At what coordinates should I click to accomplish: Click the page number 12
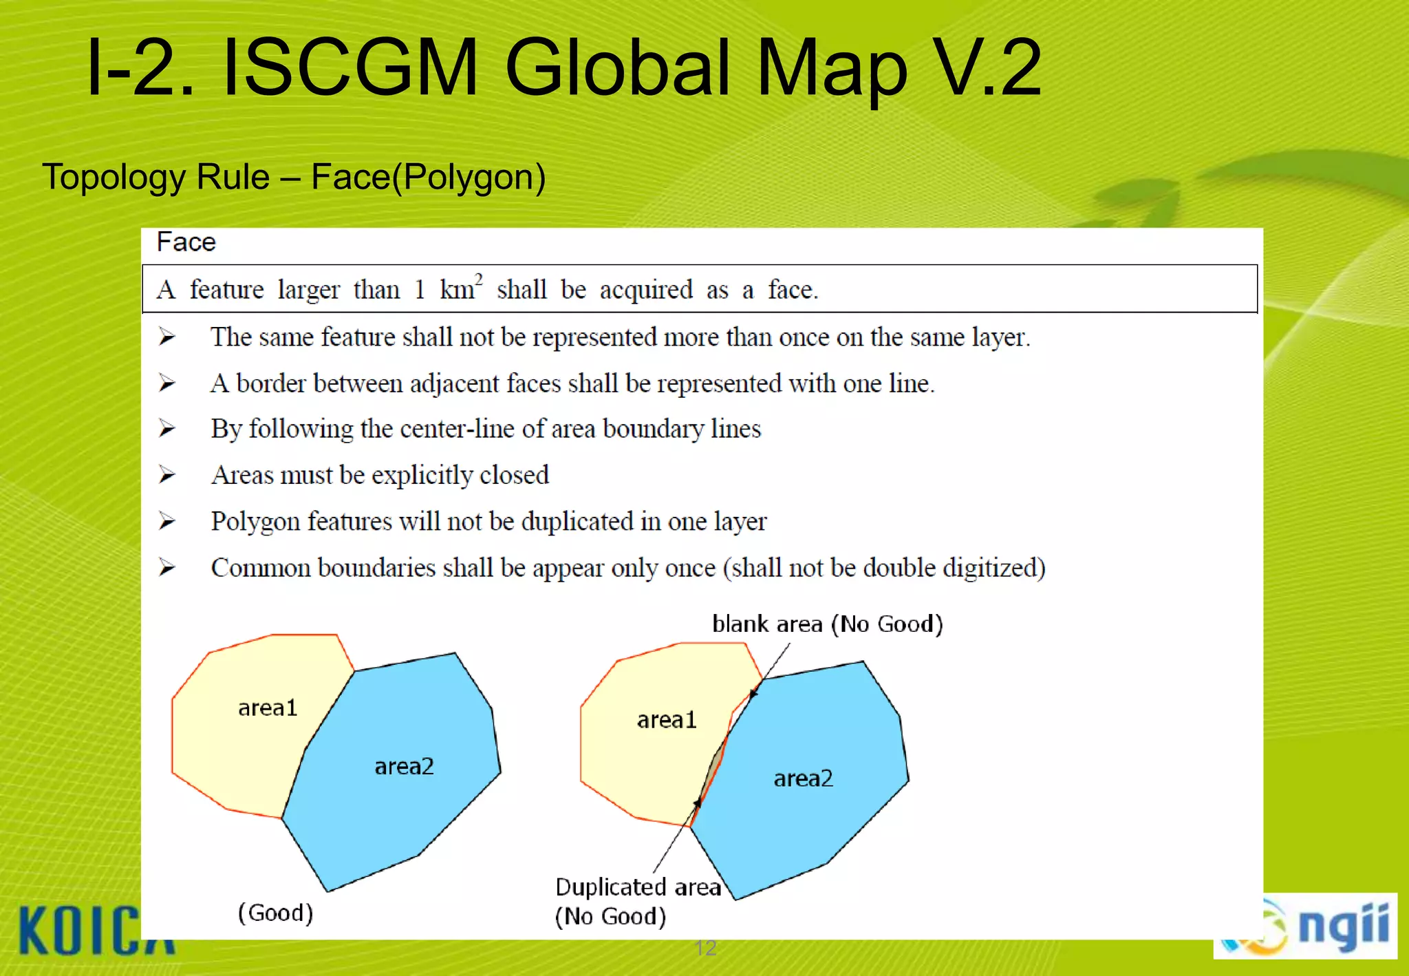click(706, 948)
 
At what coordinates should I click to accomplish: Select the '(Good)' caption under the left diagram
click(275, 913)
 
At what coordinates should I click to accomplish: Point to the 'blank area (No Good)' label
click(827, 624)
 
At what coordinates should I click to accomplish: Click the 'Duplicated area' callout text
click(638, 887)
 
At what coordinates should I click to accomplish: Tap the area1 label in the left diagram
click(268, 708)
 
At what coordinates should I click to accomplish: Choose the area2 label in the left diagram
click(404, 766)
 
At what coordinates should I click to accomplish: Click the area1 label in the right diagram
click(667, 720)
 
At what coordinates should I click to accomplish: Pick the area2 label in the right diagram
click(803, 778)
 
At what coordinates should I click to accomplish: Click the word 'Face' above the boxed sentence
click(186, 242)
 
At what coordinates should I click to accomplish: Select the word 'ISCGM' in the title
click(351, 67)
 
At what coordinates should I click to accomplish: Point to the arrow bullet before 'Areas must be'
click(166, 475)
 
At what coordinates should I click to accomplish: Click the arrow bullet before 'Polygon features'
click(166, 521)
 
